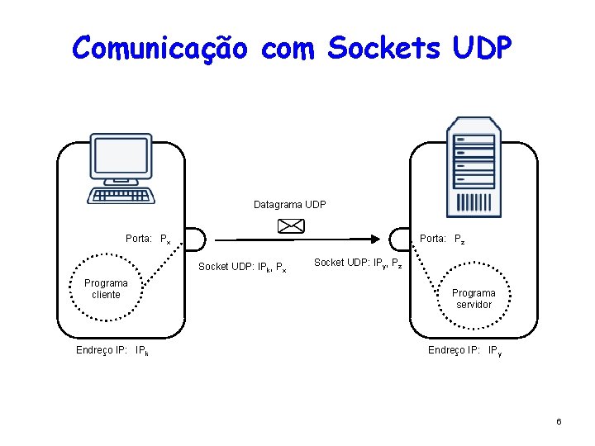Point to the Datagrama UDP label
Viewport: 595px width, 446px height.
click(289, 204)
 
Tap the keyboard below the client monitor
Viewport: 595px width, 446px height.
click(121, 196)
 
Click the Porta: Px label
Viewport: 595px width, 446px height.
click(148, 240)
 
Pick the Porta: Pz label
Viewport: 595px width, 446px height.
click(442, 240)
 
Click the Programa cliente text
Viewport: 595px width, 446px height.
click(106, 289)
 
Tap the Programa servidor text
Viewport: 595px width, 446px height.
click(474, 299)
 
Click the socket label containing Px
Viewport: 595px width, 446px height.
click(242, 268)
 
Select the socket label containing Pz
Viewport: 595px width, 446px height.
click(359, 263)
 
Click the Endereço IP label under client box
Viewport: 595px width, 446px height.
click(112, 351)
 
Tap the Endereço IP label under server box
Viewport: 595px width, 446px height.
click(464, 351)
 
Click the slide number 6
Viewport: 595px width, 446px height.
click(559, 422)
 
